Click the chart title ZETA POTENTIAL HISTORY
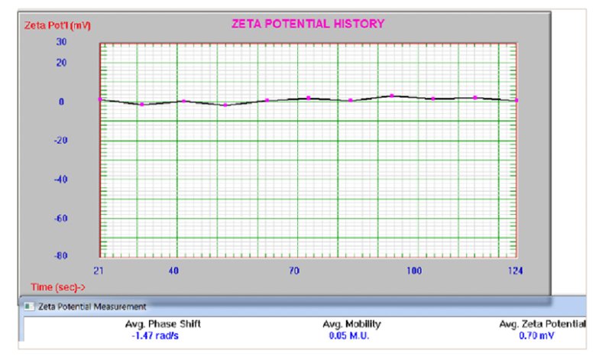tap(308, 24)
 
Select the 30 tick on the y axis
tap(62, 43)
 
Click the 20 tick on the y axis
tap(62, 63)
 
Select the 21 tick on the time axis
tap(99, 271)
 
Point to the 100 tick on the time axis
tap(413, 271)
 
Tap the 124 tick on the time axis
tap(516, 271)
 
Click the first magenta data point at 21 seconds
tap(100, 99)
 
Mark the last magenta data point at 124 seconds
tap(517, 100)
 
